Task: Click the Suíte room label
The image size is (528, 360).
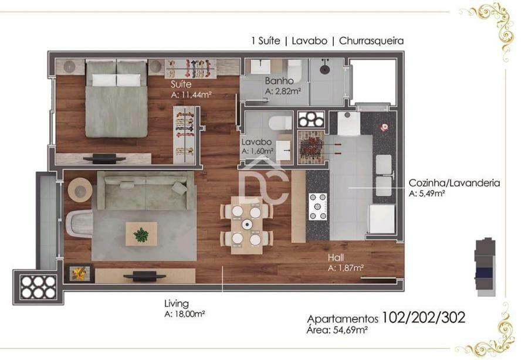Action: point(181,84)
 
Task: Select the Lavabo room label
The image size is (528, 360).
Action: point(256,142)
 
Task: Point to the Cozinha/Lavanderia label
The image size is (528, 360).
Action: point(454,183)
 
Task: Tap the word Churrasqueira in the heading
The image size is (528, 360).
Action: point(371,40)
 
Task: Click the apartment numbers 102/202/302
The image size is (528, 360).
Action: point(423,317)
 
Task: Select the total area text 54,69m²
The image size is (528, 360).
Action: point(350,330)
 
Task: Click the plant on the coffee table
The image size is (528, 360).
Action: point(141,235)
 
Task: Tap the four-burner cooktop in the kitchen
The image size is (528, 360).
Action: point(317,206)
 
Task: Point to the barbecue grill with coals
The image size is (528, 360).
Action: point(311,147)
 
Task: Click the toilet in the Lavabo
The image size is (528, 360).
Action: point(280,123)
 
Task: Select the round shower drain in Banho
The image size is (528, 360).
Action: point(324,70)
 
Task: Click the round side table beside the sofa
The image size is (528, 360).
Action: point(80,191)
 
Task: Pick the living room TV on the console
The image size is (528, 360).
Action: point(144,277)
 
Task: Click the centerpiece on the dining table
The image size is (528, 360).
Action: point(247,224)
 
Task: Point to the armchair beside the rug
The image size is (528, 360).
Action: point(79,223)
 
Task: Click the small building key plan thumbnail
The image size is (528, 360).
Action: point(485,267)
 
